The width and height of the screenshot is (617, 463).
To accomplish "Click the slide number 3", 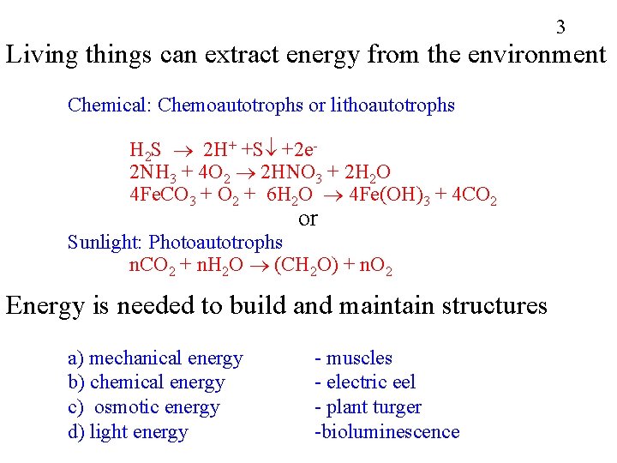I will [560, 27].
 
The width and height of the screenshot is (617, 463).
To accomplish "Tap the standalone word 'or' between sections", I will [308, 219].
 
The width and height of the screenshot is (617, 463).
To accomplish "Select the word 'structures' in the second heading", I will [490, 305].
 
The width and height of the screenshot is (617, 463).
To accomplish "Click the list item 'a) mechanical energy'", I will [155, 358].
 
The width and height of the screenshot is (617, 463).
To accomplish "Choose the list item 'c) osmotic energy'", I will [144, 407].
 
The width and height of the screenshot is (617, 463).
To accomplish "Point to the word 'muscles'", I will [359, 358].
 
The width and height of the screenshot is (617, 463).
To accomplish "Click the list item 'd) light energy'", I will [128, 431].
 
